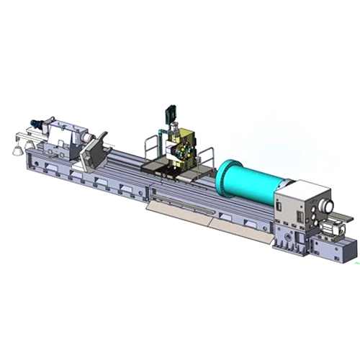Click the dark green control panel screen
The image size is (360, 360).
tap(171, 112)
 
